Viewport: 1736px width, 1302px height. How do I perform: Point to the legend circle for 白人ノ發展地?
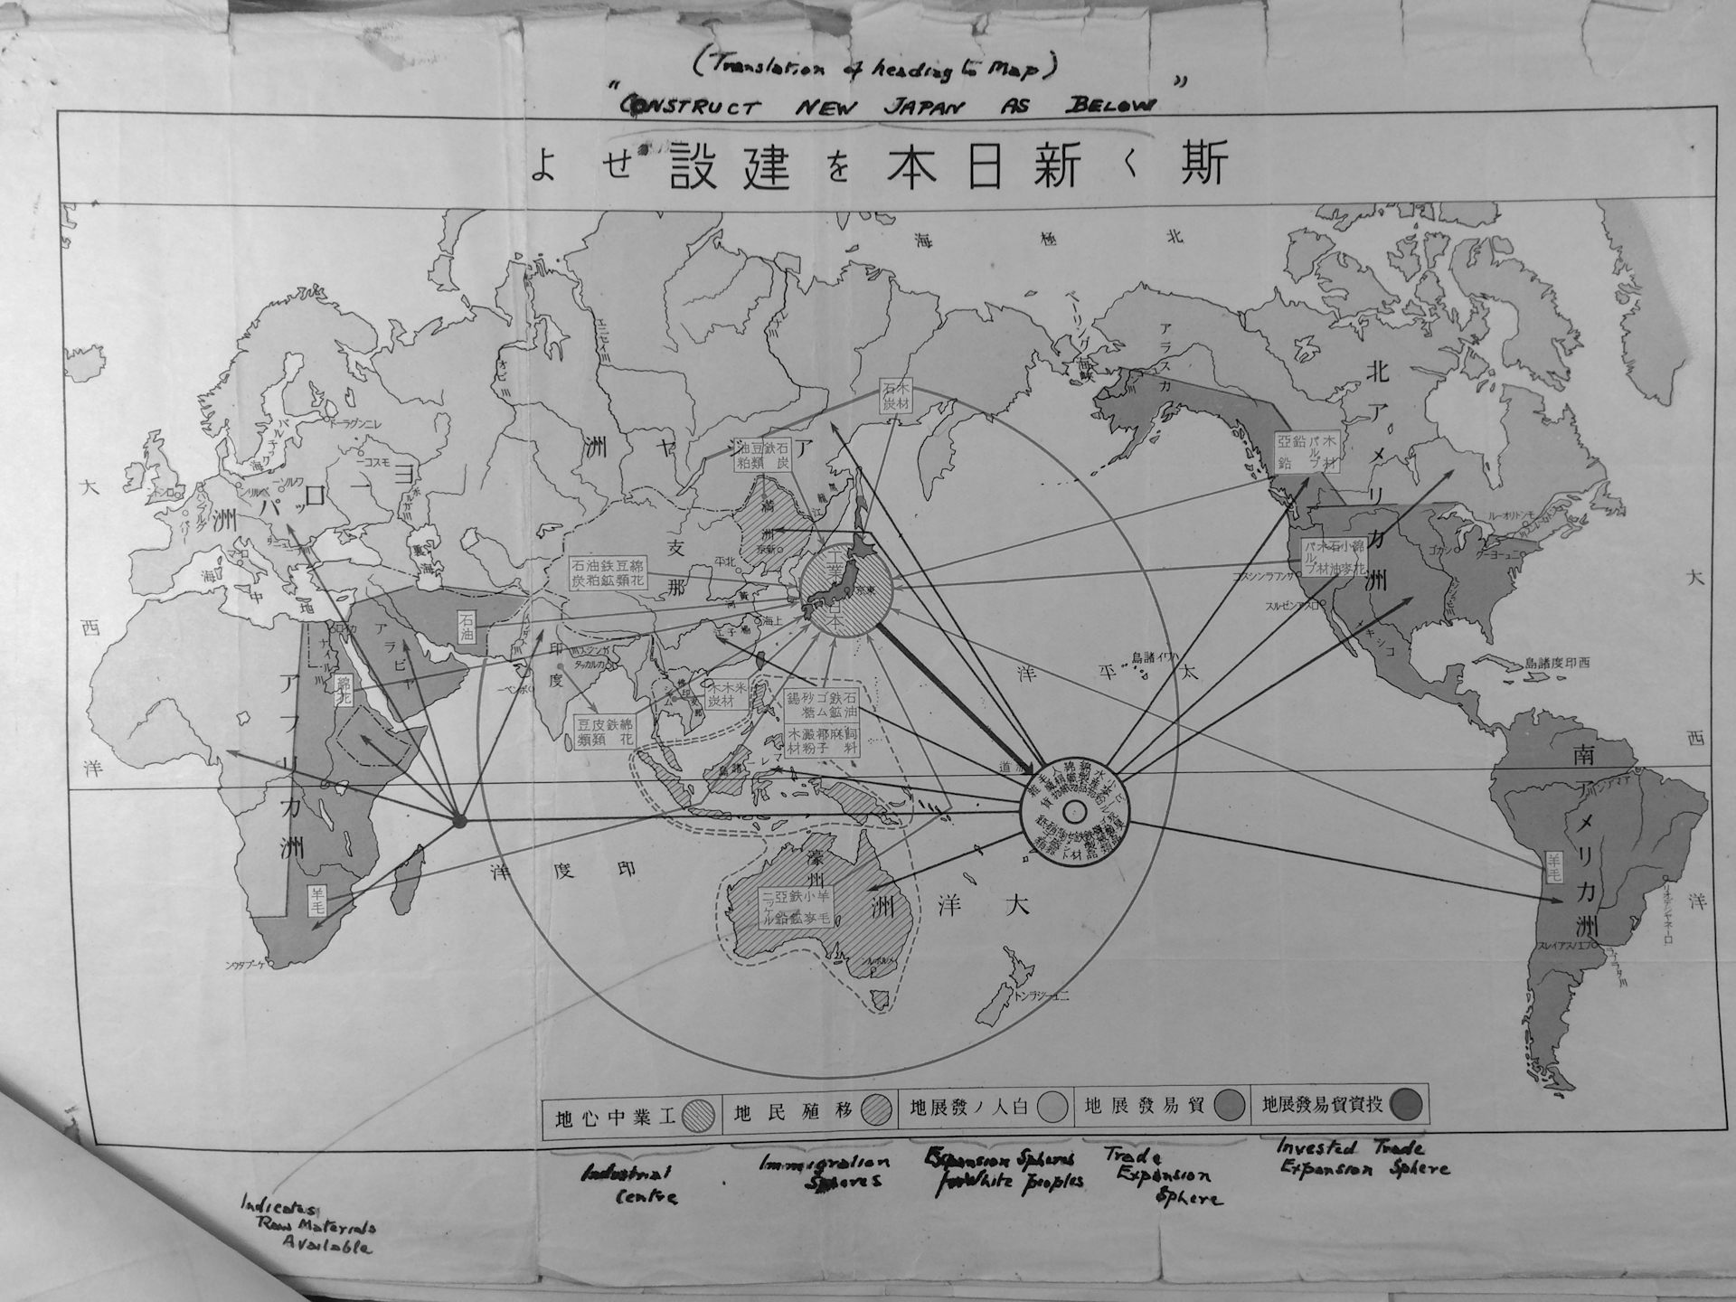tap(1052, 1108)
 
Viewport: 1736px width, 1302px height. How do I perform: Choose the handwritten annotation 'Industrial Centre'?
tap(631, 1184)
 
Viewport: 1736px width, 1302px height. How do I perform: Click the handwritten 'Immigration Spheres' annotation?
tap(821, 1172)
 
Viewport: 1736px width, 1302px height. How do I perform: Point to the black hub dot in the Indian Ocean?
tap(458, 821)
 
